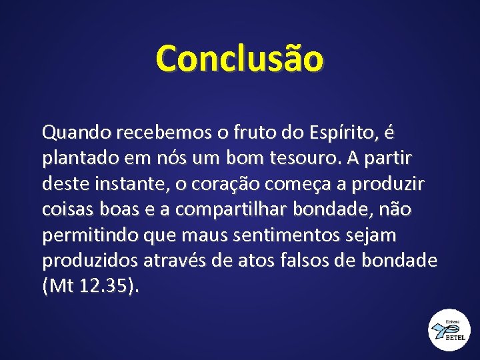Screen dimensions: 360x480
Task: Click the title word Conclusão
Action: pos(239,58)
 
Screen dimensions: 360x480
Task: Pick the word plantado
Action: pos(79,159)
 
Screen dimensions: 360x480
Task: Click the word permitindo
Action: pos(84,235)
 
